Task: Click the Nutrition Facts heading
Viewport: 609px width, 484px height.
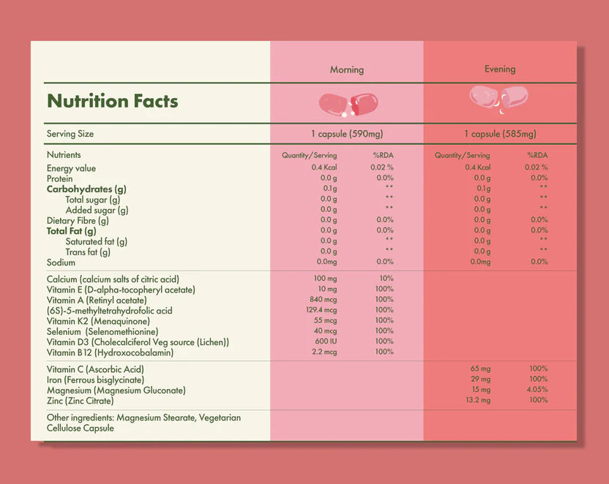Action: [112, 101]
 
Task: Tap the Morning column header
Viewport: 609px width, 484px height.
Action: [346, 70]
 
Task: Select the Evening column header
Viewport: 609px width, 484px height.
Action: [500, 69]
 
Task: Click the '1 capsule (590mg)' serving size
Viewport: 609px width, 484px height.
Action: [346, 135]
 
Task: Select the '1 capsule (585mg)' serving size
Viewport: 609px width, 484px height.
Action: [500, 135]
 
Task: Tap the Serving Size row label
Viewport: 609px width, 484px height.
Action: [70, 135]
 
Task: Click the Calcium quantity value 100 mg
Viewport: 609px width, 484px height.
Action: [324, 279]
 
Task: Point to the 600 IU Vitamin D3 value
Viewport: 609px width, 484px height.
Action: [326, 341]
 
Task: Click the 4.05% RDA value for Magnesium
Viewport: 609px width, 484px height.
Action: [538, 390]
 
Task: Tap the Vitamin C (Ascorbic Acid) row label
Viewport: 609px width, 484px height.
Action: [95, 370]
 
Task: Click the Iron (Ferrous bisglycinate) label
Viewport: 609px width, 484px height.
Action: [95, 380]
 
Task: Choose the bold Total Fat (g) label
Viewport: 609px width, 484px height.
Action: [71, 231]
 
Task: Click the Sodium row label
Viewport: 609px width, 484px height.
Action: [61, 262]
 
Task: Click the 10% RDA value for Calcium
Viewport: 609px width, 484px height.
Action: [386, 279]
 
